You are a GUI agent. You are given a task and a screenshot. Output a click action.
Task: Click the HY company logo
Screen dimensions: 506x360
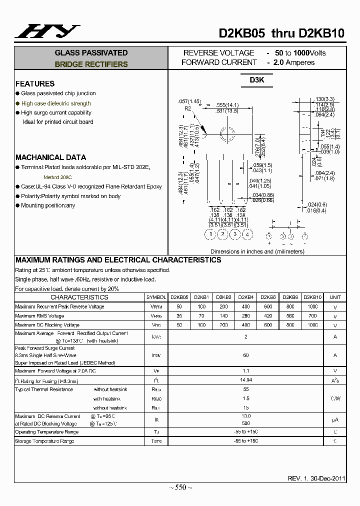click(47, 31)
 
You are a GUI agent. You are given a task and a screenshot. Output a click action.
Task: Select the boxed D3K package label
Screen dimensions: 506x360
click(257, 80)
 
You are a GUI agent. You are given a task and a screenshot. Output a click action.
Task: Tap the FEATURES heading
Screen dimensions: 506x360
click(35, 83)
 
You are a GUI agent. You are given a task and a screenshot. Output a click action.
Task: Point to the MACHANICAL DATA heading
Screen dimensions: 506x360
click(50, 157)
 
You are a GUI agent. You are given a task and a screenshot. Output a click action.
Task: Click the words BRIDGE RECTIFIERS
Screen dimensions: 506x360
click(91, 64)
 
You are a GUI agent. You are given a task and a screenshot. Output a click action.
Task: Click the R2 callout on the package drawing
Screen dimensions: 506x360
click(188, 108)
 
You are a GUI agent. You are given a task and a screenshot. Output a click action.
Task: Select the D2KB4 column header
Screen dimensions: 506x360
click(245, 297)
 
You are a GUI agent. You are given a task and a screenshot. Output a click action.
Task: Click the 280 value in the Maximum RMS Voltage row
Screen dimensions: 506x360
click(245, 316)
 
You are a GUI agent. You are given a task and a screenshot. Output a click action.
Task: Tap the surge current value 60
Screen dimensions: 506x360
click(245, 355)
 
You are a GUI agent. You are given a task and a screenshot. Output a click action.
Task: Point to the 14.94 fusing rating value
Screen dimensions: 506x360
click(245, 380)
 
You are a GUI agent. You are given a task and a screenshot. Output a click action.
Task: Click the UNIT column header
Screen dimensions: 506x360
click(335, 297)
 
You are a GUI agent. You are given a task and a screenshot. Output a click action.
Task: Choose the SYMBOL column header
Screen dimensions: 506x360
click(156, 297)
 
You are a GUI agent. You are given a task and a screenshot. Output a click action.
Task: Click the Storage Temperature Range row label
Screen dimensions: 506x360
click(44, 441)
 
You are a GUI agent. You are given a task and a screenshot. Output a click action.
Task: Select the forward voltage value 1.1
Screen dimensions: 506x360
click(245, 370)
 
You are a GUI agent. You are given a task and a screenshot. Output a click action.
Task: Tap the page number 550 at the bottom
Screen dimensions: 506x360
click(180, 487)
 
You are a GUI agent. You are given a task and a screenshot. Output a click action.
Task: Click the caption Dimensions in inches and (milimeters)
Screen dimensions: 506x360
click(257, 251)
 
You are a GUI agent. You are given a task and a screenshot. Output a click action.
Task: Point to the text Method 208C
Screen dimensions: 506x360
click(57, 177)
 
